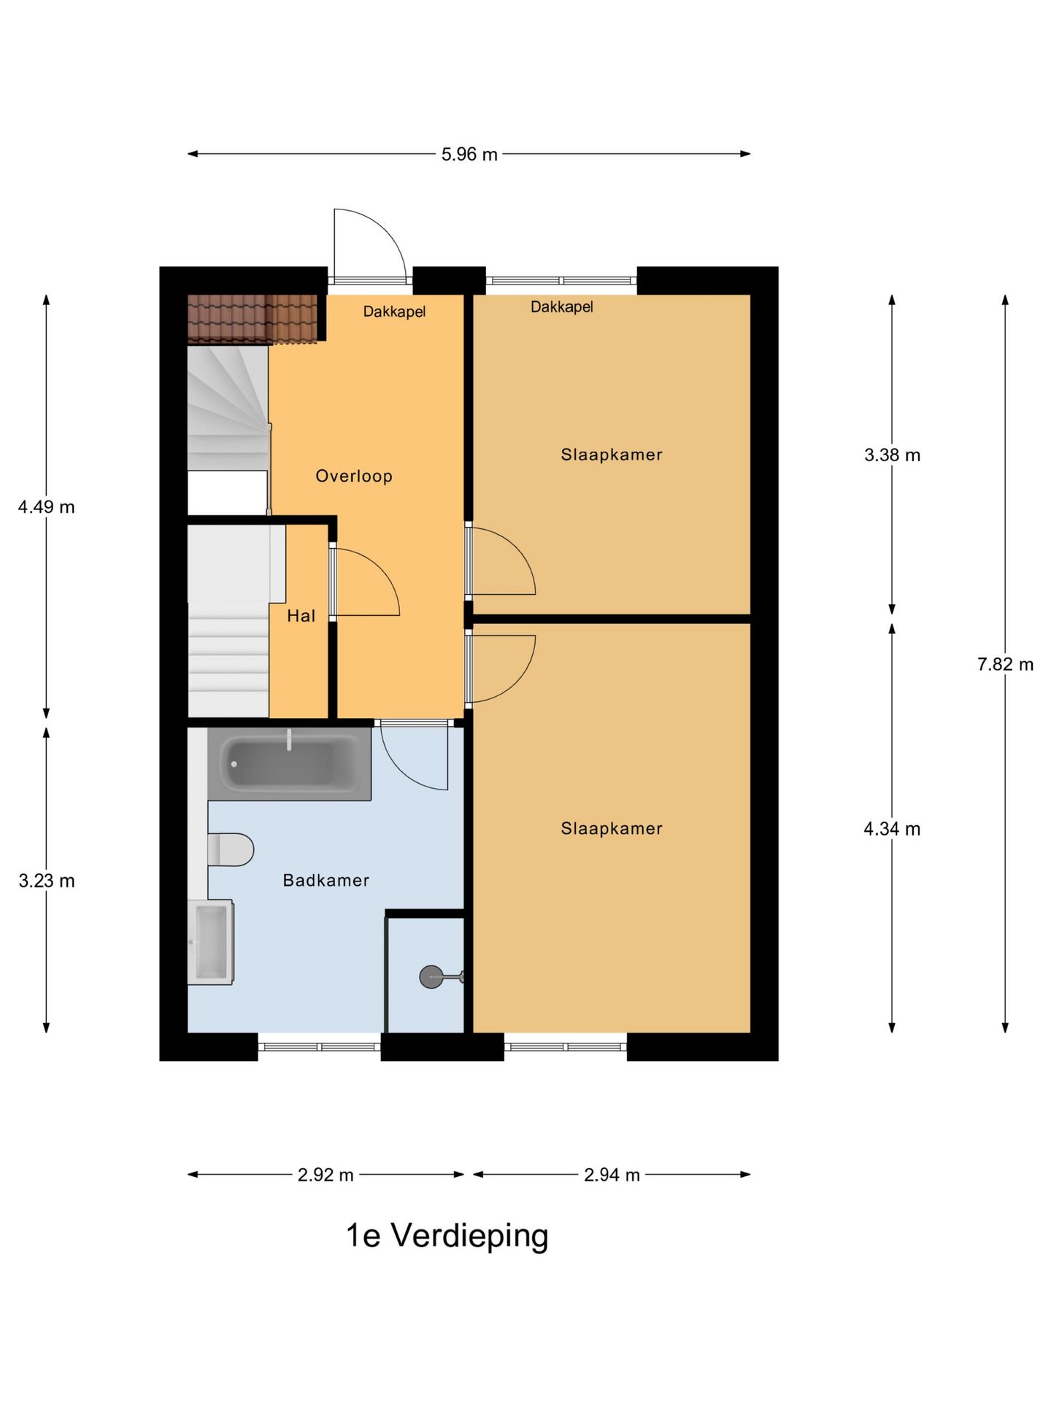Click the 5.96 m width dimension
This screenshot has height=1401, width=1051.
(x=469, y=155)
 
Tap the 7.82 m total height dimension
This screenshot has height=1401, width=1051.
(x=1005, y=665)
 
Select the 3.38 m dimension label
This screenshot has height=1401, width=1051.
(x=892, y=455)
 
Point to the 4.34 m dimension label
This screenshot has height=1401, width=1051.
(x=892, y=829)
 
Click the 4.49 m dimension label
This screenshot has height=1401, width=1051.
(x=47, y=507)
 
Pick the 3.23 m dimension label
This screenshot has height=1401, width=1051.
(x=47, y=881)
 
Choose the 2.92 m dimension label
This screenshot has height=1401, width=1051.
(x=326, y=1175)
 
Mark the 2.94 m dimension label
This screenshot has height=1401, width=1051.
(x=612, y=1175)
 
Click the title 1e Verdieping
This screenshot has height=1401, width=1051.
(x=447, y=1236)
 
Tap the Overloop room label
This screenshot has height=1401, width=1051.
(x=354, y=476)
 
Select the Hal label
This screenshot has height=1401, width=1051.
(x=301, y=616)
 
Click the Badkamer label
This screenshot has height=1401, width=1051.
(x=326, y=881)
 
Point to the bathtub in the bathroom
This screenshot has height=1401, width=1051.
(x=290, y=764)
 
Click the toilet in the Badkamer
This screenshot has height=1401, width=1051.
(x=231, y=850)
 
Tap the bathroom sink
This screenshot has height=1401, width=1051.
(x=211, y=942)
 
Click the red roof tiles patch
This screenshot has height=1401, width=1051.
(x=253, y=319)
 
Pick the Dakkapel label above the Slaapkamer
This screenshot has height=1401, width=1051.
(x=561, y=307)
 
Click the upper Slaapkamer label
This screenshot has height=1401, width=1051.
(x=612, y=455)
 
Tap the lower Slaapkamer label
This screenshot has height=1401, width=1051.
(x=612, y=829)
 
